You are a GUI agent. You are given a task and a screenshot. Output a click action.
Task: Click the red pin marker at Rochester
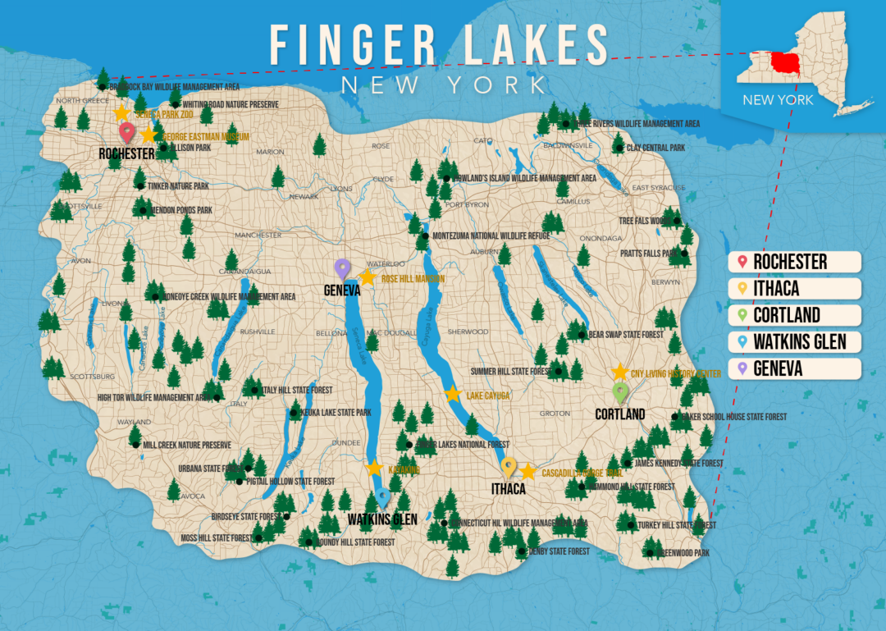click(x=126, y=131)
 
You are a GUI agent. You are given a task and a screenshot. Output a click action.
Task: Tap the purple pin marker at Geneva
click(x=342, y=267)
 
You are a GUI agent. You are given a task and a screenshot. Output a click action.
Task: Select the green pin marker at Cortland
click(x=620, y=391)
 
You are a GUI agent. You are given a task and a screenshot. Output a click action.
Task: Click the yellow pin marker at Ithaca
click(x=509, y=466)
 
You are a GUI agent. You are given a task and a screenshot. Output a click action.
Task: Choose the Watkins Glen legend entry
click(x=793, y=341)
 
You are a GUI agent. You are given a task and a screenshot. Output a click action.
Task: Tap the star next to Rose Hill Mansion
click(x=367, y=277)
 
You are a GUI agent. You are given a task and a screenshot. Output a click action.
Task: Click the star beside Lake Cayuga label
click(x=452, y=394)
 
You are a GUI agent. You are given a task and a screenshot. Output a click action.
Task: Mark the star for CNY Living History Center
click(x=620, y=372)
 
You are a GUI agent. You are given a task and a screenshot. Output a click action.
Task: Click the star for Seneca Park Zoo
click(x=121, y=112)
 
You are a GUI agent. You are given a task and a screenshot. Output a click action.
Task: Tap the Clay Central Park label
click(x=655, y=148)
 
